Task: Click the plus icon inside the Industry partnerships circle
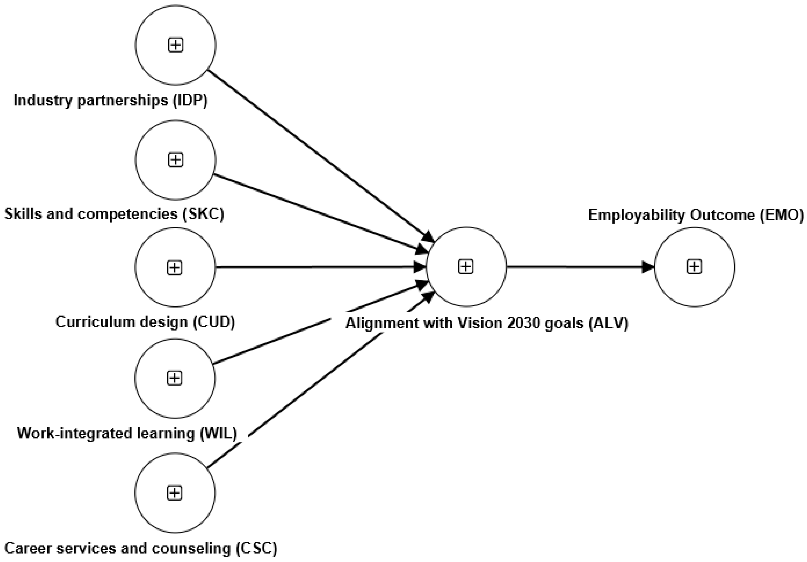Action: pyautogui.click(x=175, y=45)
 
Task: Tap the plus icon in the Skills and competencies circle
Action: pyautogui.click(x=175, y=160)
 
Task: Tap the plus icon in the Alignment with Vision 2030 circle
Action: pyautogui.click(x=466, y=267)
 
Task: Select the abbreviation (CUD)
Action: pyautogui.click(x=214, y=322)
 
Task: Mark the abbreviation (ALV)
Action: pyautogui.click(x=608, y=323)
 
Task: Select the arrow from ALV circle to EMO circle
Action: pyautogui.click(x=580, y=267)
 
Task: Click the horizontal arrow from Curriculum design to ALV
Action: pyautogui.click(x=316, y=267)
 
